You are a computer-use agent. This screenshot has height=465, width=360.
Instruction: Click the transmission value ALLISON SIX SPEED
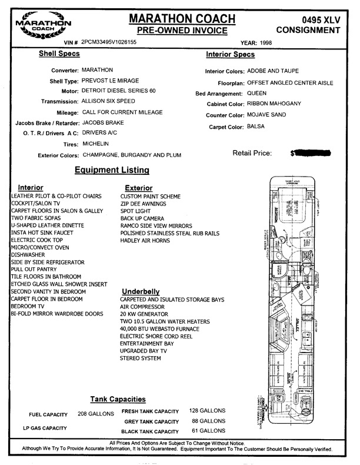pos(112,102)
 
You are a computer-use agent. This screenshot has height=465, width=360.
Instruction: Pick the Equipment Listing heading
pos(112,171)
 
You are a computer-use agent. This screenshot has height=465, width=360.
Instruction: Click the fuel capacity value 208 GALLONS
pos(96,414)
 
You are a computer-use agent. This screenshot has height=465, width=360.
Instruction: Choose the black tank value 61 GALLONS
pos(207,431)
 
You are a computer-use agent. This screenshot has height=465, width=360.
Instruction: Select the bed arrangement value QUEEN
pos(257,94)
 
